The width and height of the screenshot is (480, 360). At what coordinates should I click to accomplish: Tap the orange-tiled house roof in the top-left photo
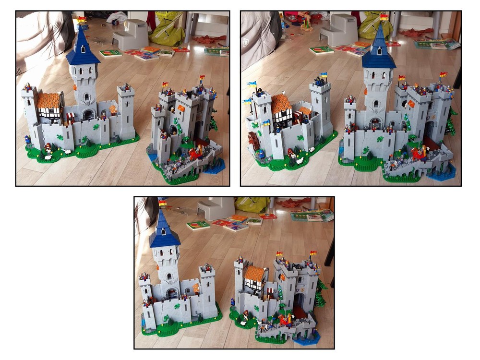(x=48, y=100)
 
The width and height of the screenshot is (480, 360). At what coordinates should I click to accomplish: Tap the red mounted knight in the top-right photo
(x=419, y=153)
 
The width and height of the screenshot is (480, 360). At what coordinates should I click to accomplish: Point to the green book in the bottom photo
(x=198, y=225)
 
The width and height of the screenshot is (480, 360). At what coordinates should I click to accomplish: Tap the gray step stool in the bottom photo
(x=215, y=208)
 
